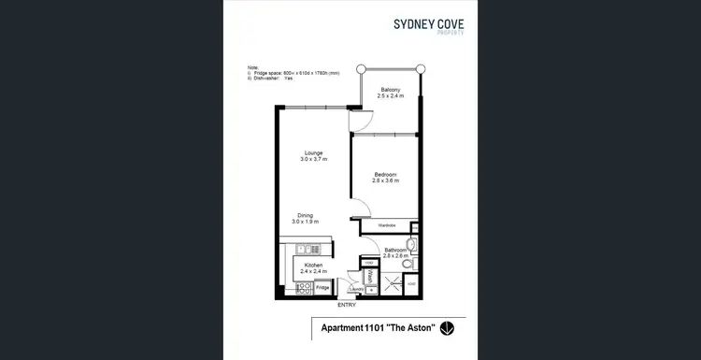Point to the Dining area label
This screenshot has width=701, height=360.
[x=305, y=217]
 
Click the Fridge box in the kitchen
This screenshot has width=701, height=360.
[x=322, y=287]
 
